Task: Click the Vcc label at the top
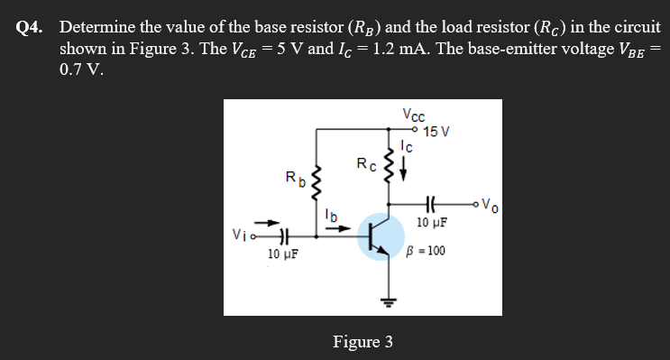click(414, 115)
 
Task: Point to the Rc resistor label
click(365, 163)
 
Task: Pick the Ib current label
click(332, 216)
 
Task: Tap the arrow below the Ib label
click(333, 228)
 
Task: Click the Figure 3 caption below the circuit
click(363, 342)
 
